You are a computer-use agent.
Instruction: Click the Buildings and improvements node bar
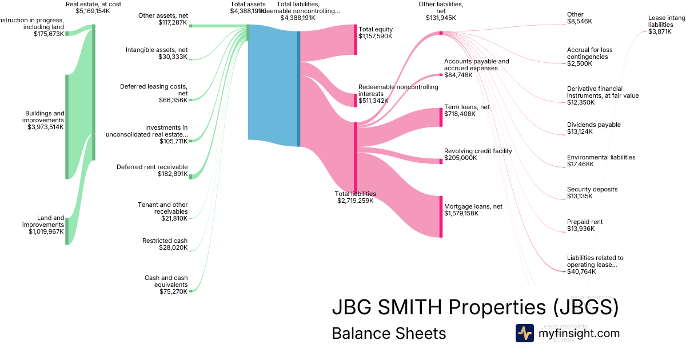(66, 126)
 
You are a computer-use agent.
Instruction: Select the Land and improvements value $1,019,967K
(46, 232)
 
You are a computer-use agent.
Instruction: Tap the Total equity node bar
(355, 39)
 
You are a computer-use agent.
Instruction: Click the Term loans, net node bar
(441, 117)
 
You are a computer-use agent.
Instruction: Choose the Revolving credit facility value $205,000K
(460, 158)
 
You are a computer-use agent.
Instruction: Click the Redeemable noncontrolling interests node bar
(355, 99)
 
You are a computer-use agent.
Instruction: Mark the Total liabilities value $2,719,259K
(355, 201)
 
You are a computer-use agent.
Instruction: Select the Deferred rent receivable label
(152, 167)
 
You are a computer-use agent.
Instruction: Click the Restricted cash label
(165, 241)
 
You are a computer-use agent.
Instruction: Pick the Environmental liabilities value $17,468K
(580, 164)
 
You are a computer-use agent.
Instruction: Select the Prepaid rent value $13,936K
(580, 229)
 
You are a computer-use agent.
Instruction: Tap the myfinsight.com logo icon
(524, 333)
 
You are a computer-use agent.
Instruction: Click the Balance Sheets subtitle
(388, 333)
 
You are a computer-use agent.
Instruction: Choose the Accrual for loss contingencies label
(589, 53)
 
